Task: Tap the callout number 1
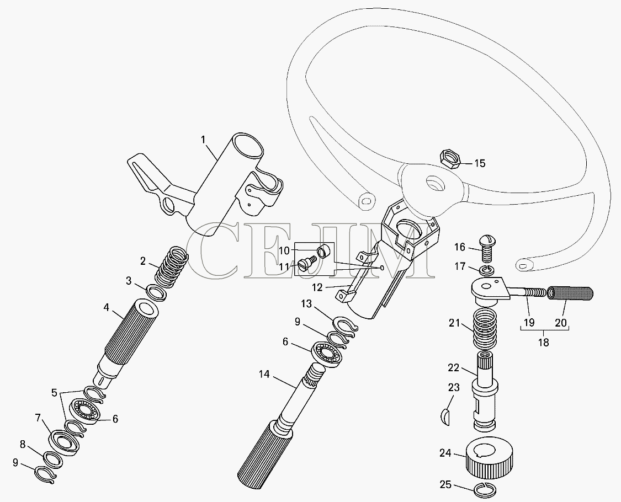pos(203,140)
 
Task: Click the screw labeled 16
pos(487,248)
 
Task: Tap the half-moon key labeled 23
pos(446,418)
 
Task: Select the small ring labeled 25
pos(485,490)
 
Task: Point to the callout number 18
pos(544,342)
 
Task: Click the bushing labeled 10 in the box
pos(324,252)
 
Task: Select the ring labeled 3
pos(156,292)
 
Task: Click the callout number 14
pos(264,374)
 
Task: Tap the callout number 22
pos(454,368)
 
